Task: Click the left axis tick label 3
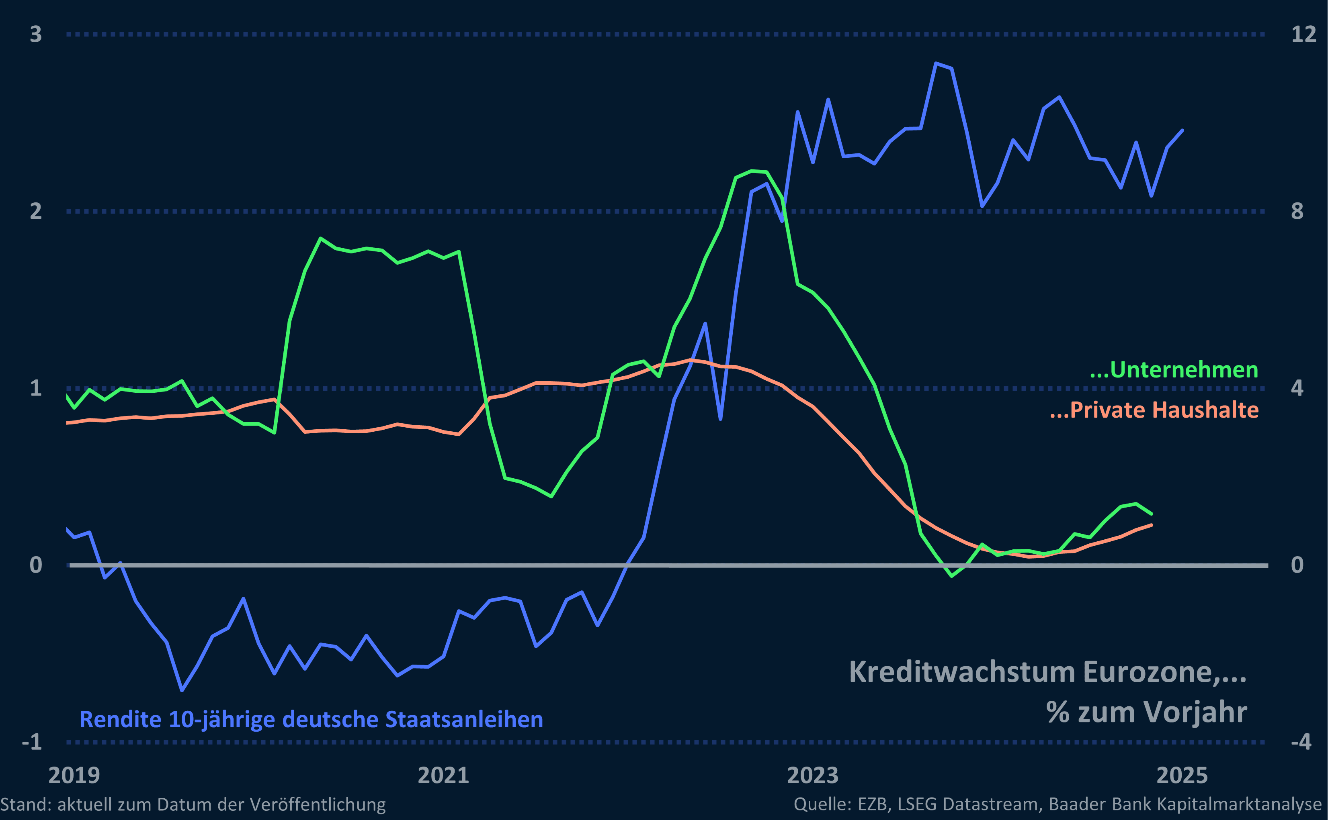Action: tap(36, 34)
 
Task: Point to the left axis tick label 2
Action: tap(36, 211)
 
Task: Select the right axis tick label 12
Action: tap(1303, 34)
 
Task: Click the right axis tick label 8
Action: tap(1297, 211)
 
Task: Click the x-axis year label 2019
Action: tap(74, 775)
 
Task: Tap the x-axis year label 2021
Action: tap(443, 775)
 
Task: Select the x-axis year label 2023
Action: tap(812, 775)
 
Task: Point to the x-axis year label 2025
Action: tap(1182, 775)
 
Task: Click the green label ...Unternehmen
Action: tap(1174, 370)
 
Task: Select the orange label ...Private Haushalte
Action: tap(1154, 410)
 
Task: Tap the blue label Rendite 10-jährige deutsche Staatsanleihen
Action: tap(311, 720)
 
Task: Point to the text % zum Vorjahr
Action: tap(1146, 712)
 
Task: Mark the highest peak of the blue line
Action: tap(936, 63)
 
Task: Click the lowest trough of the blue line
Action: tap(182, 690)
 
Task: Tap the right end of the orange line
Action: tap(1152, 525)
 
